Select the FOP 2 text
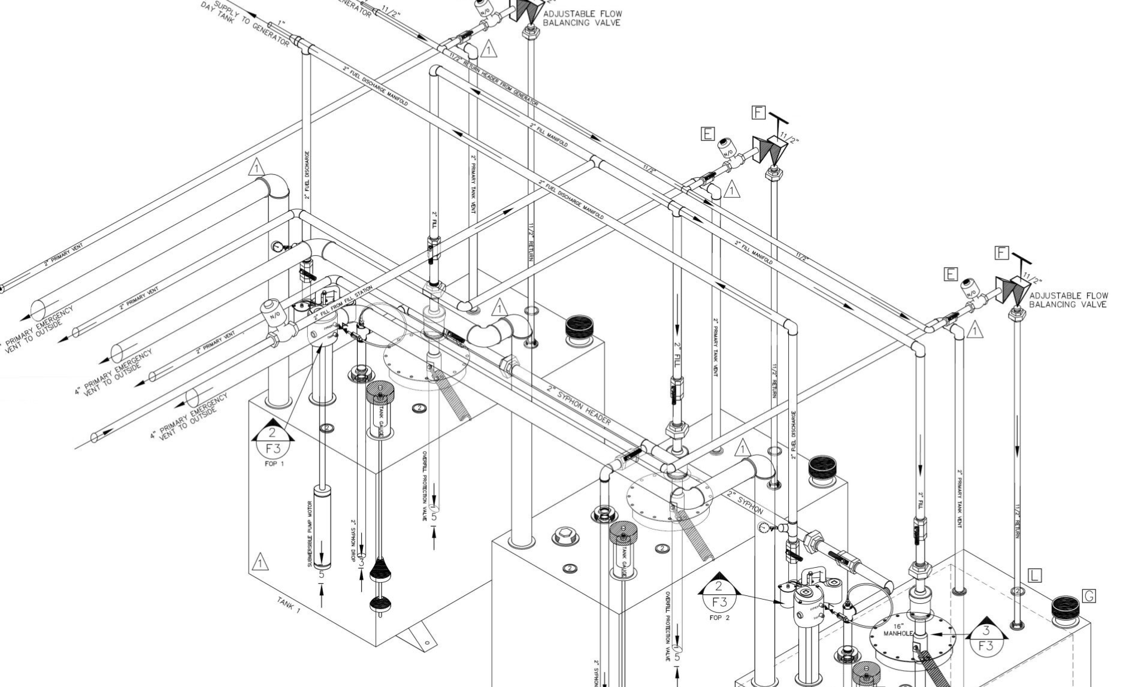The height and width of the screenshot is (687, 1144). pos(719,618)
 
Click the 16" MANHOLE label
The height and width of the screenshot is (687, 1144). pos(898,630)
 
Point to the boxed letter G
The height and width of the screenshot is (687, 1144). pos(1089,596)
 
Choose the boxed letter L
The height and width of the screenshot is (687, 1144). pos(1034,576)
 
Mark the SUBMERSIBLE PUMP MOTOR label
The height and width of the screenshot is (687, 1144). pos(310,534)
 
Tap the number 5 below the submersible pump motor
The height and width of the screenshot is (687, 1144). pos(322,574)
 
